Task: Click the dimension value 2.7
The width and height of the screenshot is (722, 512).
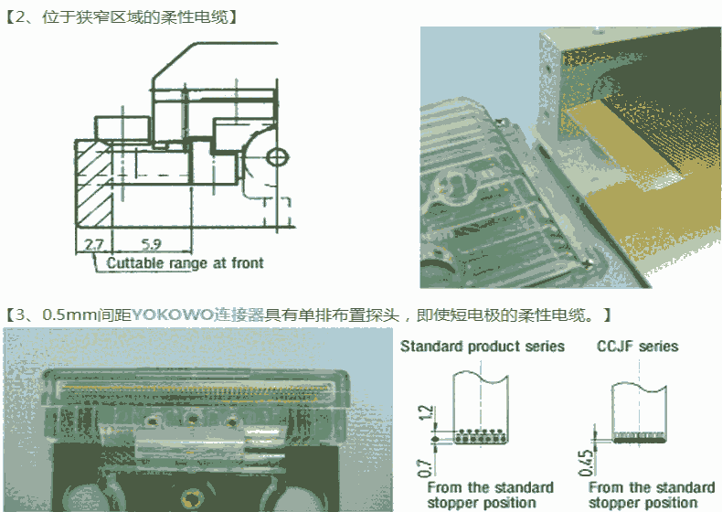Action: point(93,244)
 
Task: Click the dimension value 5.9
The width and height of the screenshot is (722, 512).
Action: point(151,244)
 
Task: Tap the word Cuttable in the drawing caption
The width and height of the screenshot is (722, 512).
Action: point(135,263)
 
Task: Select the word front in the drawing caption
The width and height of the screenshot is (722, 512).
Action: point(248,262)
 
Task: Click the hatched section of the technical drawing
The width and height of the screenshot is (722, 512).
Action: point(93,185)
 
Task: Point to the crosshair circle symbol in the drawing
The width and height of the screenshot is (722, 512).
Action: point(278,157)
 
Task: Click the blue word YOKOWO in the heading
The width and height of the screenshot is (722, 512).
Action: point(172,315)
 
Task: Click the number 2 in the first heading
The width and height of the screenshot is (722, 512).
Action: point(20,17)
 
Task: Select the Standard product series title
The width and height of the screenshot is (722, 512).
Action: point(483,347)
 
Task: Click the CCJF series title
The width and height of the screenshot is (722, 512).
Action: point(638,347)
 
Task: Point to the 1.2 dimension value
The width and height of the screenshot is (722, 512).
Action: point(426,411)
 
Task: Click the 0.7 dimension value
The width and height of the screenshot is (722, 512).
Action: point(426,467)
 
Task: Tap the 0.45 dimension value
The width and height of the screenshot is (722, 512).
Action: point(586,463)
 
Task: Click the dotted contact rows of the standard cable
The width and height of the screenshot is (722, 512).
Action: point(481,436)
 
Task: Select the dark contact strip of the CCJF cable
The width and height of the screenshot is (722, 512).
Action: point(639,440)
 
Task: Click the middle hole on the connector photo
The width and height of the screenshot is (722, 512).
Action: point(194,420)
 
